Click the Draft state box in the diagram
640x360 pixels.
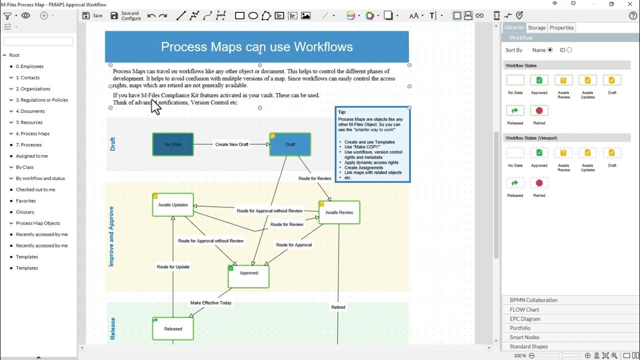coord(290,144)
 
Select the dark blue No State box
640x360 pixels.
coord(173,144)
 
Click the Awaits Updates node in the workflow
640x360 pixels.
coord(173,205)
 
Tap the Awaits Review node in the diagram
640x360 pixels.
coord(339,212)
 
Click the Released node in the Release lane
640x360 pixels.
coord(173,328)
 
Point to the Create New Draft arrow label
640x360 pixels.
coord(231,144)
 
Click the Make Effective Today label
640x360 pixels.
coord(211,303)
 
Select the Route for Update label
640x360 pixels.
coord(173,267)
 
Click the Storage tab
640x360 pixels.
coord(536,27)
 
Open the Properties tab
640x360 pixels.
coord(561,27)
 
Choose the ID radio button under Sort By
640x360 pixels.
coord(569,50)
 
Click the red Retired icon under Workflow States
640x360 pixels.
coord(539,110)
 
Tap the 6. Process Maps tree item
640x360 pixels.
coord(32,133)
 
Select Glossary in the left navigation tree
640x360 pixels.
coord(25,212)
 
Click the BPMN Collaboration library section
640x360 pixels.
coord(533,300)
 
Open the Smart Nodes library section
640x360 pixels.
coord(524,337)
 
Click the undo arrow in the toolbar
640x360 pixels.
coord(151,15)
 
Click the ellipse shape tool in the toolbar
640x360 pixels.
coord(253,15)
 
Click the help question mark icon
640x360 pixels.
coord(633,15)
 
